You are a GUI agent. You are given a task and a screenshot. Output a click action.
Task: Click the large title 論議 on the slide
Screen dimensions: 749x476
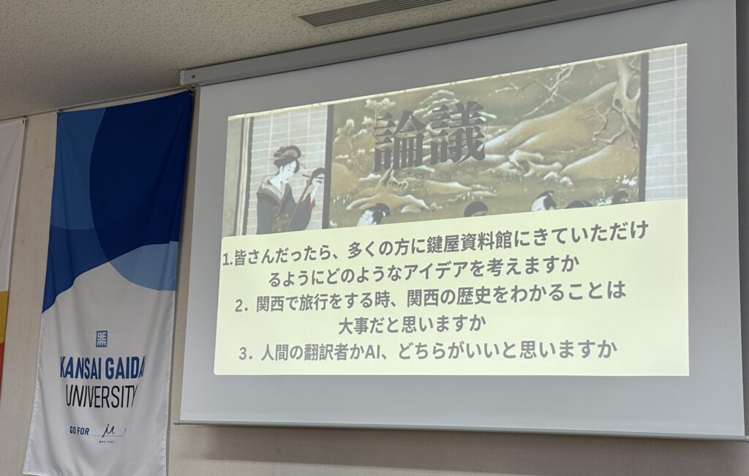[429, 137]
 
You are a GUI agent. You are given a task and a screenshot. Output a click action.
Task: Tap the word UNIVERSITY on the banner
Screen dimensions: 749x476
[101, 396]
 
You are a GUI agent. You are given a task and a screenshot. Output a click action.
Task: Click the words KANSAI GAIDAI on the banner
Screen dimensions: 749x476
[102, 367]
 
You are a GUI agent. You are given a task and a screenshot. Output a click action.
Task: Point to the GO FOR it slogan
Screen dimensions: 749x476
[97, 431]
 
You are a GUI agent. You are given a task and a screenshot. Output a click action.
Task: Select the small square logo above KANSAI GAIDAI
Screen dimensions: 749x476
[101, 339]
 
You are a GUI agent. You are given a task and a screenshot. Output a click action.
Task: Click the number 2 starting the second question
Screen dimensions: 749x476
[240, 306]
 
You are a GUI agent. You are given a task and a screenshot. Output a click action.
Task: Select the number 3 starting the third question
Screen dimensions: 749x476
[244, 355]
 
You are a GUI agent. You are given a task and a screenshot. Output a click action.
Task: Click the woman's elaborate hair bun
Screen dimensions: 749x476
[287, 154]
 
